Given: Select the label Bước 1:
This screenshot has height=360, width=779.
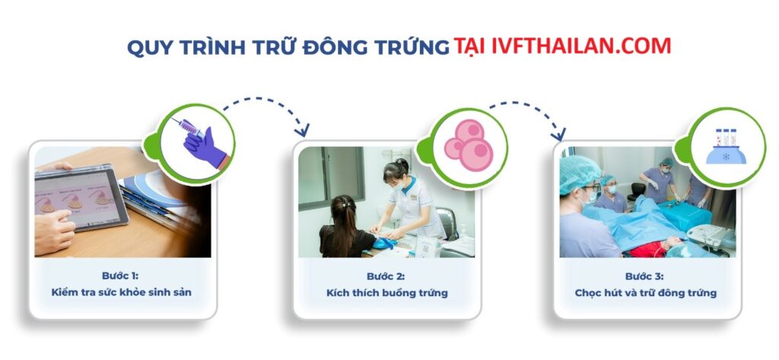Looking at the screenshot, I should pyautogui.click(x=122, y=275).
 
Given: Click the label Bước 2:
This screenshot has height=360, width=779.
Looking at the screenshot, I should pyautogui.click(x=386, y=275).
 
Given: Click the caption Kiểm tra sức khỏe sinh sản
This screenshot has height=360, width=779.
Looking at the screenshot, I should pyautogui.click(x=122, y=292).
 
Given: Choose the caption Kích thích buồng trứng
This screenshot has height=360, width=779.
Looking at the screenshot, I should pyautogui.click(x=386, y=292).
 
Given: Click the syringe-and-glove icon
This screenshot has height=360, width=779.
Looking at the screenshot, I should pyautogui.click(x=199, y=140).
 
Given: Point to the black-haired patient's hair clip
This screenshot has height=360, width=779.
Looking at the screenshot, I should pyautogui.click(x=348, y=204).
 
